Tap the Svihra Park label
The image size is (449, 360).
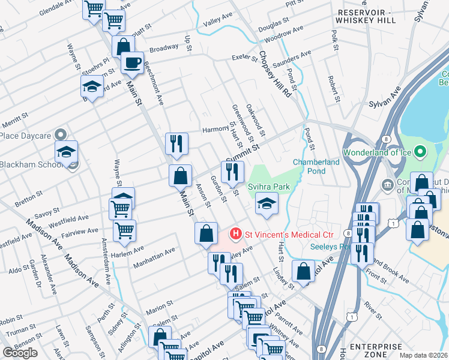[x=273, y=187]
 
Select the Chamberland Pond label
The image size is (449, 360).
[x=316, y=166]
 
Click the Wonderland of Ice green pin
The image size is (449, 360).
[x=420, y=152]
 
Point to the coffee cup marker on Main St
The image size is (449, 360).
[x=132, y=62]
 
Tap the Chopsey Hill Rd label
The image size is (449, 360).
[x=275, y=74]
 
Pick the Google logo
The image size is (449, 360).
[x=20, y=353]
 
